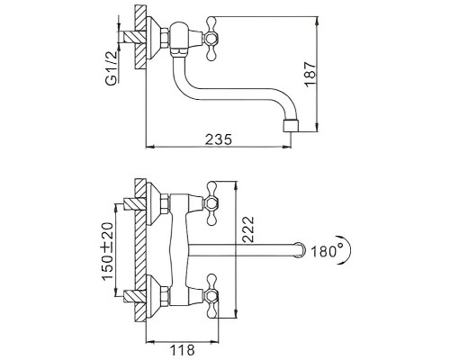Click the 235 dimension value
tap(219, 139)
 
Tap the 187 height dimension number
tap(310, 75)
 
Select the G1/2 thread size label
tap(112, 68)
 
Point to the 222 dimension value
tap(247, 229)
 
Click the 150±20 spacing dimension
tap(108, 251)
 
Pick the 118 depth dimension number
tap(183, 350)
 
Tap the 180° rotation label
tap(327, 251)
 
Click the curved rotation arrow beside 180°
tap(346, 249)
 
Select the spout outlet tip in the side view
tap(291, 125)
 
